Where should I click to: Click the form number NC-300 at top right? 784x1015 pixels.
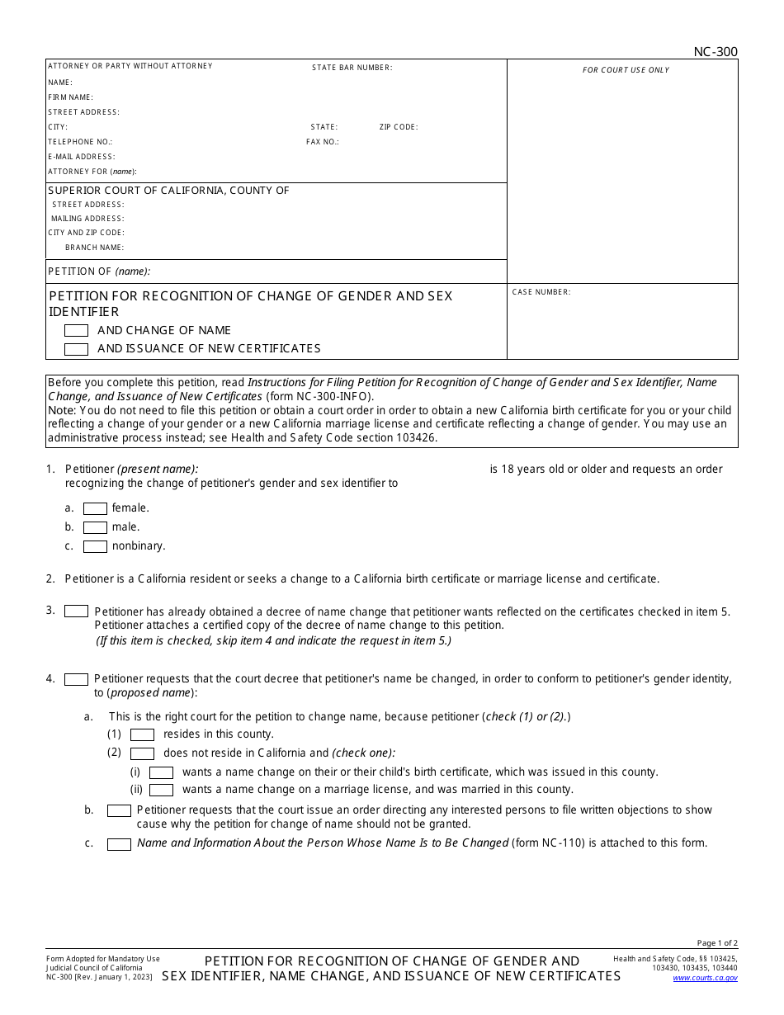click(715, 52)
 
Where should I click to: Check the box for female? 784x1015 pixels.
click(95, 508)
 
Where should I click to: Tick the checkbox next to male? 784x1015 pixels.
click(95, 527)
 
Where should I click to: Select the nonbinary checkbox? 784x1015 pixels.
click(95, 546)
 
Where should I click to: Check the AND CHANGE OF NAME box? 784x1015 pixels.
click(76, 330)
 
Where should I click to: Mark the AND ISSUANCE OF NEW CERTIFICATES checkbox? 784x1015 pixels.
click(76, 349)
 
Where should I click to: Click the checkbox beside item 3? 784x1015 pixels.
click(76, 611)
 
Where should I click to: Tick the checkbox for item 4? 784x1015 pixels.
click(76, 679)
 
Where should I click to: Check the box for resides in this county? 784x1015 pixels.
click(142, 734)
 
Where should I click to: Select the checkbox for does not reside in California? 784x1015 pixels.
click(142, 753)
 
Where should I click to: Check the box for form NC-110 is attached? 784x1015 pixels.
click(119, 844)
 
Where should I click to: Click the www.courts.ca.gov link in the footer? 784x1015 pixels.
click(705, 978)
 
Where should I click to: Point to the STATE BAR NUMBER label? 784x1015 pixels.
click(352, 68)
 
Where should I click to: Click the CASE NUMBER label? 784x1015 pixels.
click(541, 292)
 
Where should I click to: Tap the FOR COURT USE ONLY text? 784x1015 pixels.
click(626, 70)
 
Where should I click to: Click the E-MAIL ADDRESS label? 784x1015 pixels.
click(81, 157)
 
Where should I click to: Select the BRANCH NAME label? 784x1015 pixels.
click(94, 248)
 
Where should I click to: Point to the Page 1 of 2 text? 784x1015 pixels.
click(717, 943)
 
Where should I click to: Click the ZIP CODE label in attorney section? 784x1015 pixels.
click(399, 127)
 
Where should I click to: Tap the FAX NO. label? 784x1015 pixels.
click(322, 142)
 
